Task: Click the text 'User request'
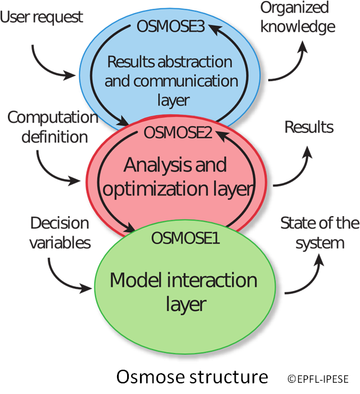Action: click(x=42, y=17)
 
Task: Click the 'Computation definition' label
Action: click(x=49, y=127)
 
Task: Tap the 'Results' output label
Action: click(x=309, y=127)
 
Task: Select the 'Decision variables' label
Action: click(x=59, y=232)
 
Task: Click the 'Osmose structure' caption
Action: click(x=191, y=376)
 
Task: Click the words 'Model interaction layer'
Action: click(x=183, y=292)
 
